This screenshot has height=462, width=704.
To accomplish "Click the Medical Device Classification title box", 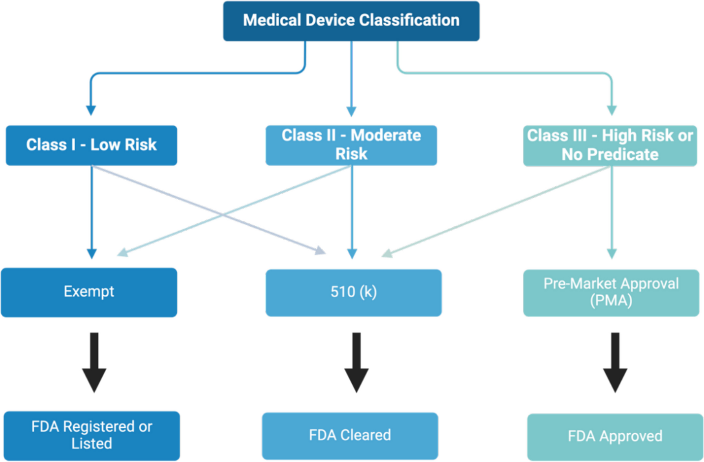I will (x=351, y=21).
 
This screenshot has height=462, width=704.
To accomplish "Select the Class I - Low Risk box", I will (x=91, y=145).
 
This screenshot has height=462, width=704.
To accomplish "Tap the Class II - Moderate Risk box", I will (x=351, y=145).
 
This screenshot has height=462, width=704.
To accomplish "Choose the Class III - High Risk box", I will (x=610, y=145).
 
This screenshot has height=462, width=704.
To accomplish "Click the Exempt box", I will (x=89, y=292).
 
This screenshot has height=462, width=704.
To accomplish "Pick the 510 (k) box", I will (x=353, y=292).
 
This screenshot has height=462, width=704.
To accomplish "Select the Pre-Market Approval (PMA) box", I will (x=611, y=293).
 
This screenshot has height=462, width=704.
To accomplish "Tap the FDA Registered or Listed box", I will (x=92, y=435).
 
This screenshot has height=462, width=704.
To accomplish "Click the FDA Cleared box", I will (x=350, y=435).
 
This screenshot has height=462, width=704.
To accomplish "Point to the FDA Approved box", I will (x=615, y=436).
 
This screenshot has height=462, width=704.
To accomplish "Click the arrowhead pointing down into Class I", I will (x=91, y=110).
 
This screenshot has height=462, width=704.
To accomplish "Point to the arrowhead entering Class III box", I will (x=612, y=110).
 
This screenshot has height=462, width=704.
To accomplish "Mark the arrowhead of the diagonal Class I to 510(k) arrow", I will (x=320, y=250).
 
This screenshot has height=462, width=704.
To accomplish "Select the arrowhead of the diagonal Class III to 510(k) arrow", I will (x=387, y=254).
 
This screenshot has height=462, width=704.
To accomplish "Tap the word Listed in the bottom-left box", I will (x=92, y=444).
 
